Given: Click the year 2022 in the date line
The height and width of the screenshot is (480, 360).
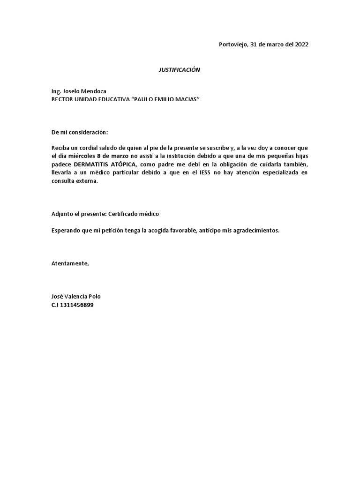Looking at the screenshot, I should click(x=302, y=45).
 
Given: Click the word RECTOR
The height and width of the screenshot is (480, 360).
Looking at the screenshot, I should click(x=63, y=99).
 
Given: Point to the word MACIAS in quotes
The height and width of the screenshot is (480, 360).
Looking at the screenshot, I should click(x=179, y=99).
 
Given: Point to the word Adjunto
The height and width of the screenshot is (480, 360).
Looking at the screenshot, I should click(x=62, y=214).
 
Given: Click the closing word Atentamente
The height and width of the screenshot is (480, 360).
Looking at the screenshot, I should click(x=69, y=263).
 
